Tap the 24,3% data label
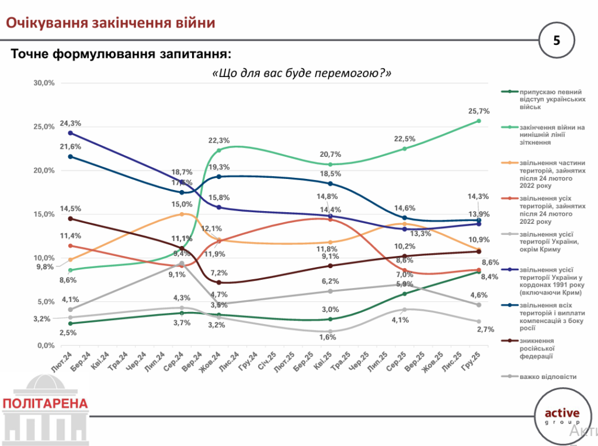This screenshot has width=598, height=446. pos(71,123)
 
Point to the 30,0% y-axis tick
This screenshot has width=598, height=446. pos(44,83)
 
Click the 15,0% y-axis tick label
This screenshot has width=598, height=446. pos(44,214)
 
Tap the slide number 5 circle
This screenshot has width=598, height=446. pos(556,40)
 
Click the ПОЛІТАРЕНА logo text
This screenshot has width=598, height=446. pos(46,403)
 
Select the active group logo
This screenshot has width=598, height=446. pos(562,416)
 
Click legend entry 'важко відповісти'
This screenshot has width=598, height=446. pos(548,377)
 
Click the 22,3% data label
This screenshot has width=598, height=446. pos(220,141)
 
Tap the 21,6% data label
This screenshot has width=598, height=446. pos(71,146)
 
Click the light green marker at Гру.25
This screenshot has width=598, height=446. pos(479,121)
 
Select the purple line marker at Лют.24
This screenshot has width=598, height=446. pos(71,133)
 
